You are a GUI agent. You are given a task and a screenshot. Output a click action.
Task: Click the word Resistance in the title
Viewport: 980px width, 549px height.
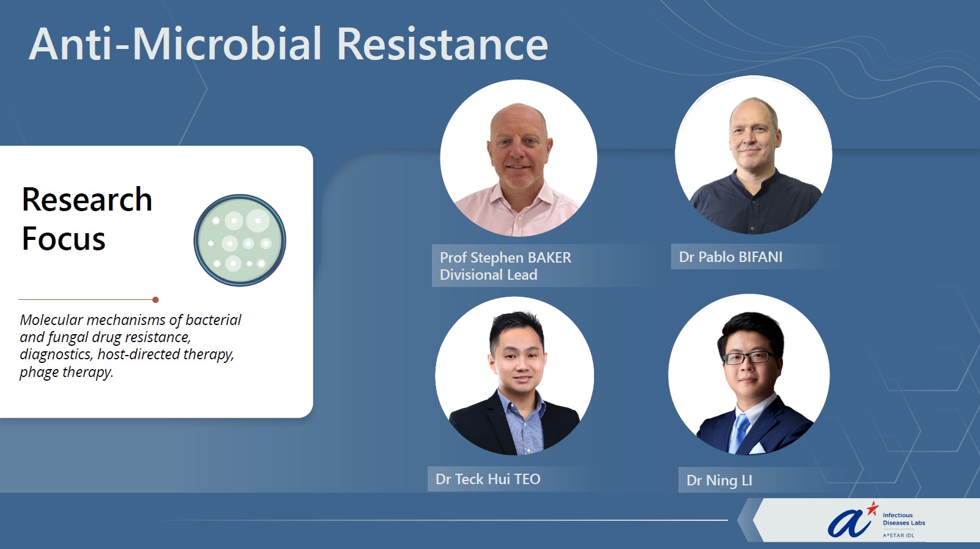442,44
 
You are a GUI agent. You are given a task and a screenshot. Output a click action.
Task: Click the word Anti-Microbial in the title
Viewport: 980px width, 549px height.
176,44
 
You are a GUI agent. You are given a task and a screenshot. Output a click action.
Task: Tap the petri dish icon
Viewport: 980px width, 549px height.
240,241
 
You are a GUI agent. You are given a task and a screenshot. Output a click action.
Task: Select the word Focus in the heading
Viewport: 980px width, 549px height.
64,239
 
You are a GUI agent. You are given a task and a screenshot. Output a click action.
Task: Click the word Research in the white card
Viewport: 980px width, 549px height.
87,199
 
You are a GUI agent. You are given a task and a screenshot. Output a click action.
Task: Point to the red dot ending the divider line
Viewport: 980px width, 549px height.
155,300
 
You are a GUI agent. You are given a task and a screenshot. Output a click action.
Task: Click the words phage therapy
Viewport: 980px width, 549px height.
67,372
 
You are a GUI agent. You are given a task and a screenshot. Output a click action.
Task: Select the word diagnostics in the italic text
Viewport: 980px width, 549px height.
56,354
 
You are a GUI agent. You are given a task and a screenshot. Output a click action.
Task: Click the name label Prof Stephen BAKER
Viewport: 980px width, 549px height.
505,258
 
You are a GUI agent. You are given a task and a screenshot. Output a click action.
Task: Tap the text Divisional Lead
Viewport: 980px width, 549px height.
488,274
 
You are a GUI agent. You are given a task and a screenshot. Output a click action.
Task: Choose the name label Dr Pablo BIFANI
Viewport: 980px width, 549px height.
730,257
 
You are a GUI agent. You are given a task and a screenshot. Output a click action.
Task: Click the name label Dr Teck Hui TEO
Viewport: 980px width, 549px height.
488,479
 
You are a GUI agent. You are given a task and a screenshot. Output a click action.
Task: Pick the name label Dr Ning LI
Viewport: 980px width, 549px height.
719,480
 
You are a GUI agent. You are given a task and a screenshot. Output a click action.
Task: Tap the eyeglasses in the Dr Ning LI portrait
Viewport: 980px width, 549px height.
749,357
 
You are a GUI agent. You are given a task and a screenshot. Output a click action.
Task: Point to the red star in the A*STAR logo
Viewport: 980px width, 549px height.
872,508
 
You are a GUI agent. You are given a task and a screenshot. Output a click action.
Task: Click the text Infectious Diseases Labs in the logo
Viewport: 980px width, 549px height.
904,519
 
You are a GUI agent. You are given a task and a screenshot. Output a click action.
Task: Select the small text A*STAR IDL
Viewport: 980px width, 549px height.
898,536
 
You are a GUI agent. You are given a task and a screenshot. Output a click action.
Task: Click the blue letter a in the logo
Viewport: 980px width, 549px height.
848,524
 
